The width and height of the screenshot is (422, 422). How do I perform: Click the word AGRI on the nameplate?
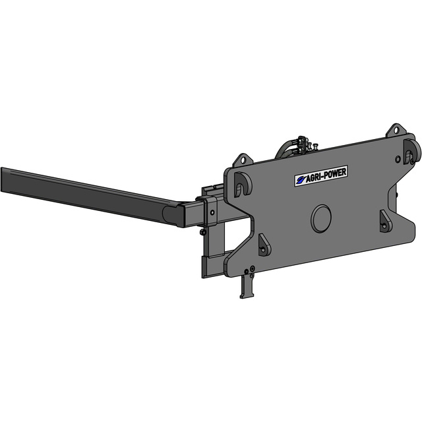click(314, 177)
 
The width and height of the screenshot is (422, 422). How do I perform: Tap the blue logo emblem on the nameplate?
click(300, 180)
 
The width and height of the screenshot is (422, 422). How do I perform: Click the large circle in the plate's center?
click(321, 218)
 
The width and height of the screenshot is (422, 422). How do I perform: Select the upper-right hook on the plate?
click(411, 152)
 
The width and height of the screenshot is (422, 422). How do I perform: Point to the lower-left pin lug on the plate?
click(264, 245)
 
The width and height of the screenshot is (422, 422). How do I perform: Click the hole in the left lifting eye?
click(243, 160)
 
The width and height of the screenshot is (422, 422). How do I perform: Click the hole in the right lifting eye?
click(396, 131)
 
